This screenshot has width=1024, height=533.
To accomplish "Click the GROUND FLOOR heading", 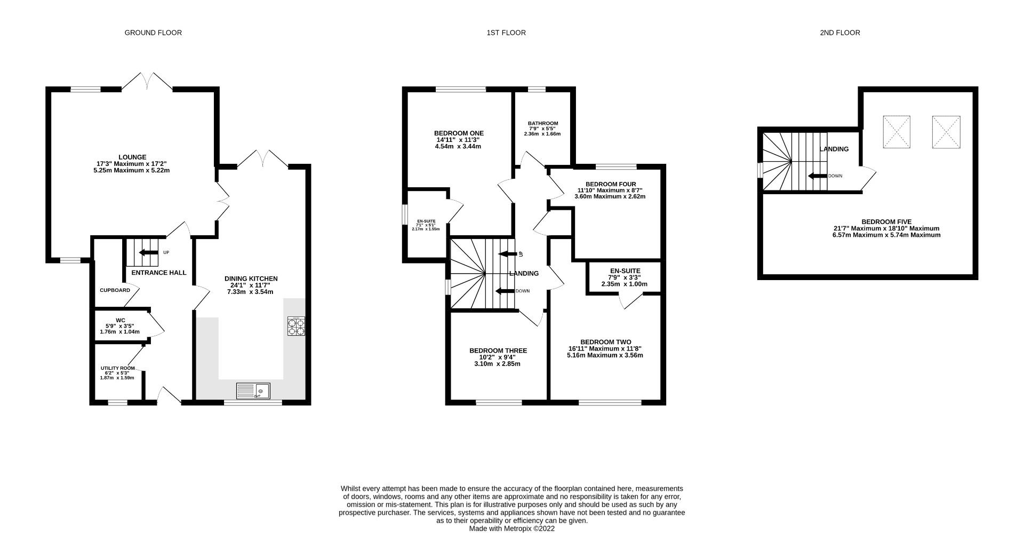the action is tap(153, 33).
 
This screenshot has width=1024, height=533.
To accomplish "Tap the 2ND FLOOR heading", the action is tap(840, 33).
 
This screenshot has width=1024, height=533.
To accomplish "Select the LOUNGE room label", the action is tap(132, 157).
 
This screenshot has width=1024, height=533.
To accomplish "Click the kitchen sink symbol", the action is tap(253, 391).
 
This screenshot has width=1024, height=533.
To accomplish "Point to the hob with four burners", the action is tap(297, 326).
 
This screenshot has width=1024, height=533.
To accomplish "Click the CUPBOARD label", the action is tap(115, 290).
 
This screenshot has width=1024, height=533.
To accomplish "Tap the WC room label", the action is tap(120, 321).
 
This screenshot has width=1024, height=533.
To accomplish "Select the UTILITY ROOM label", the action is tap(117, 368).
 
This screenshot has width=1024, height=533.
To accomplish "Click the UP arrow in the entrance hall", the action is tap(149, 252).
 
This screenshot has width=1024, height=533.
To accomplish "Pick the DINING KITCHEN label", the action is tap(251, 279).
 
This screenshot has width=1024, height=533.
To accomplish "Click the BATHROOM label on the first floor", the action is tap(543, 123).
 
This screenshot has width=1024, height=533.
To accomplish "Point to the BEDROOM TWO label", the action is tap(605, 342).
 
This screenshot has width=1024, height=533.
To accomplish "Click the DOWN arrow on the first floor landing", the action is tap(505, 291).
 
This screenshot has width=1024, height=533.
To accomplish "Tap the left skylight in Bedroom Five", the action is tap(897, 132).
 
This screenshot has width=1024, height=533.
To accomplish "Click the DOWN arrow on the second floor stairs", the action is tap(817, 176).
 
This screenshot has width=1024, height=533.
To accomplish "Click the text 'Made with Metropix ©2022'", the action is tap(512, 529).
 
